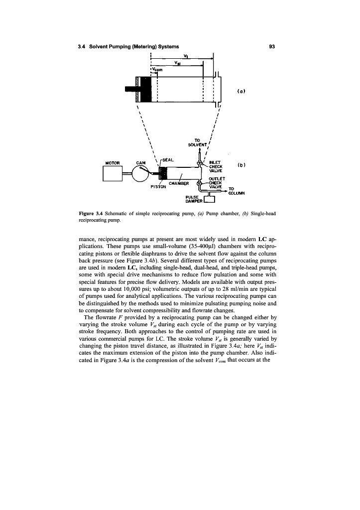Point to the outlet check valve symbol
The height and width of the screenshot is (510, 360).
coord(199,184)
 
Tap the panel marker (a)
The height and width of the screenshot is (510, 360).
coord(240,91)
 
